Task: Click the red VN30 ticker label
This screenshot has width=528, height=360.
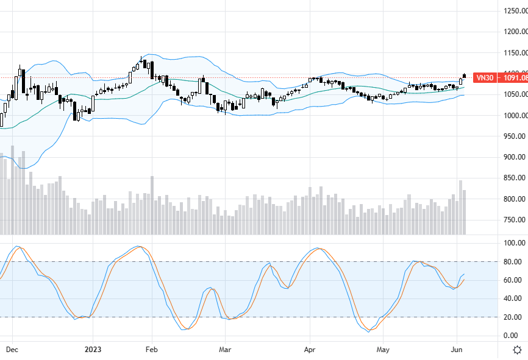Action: point(485,77)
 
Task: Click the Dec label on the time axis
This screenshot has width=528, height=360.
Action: point(12,350)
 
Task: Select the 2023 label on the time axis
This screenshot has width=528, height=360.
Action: point(93,350)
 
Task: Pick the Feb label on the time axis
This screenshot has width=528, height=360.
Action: point(152,350)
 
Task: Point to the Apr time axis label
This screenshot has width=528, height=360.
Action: point(310,350)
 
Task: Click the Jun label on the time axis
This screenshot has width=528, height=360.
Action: point(456,350)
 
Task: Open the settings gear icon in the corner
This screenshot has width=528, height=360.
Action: point(517,350)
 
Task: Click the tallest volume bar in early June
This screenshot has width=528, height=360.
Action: point(460,207)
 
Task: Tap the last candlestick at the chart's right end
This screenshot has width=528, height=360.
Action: point(465,76)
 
